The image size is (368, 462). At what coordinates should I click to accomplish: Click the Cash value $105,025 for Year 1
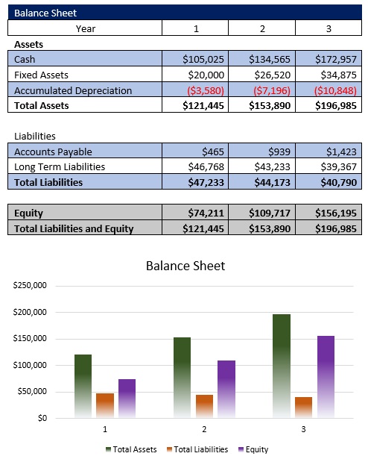pyautogui.click(x=203, y=59)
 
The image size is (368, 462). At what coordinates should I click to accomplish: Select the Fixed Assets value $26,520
pyautogui.click(x=270, y=75)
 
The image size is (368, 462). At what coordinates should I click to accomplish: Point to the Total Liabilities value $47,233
pyautogui.click(x=203, y=182)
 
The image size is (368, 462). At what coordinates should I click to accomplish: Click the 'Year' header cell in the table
pyautogui.click(x=85, y=28)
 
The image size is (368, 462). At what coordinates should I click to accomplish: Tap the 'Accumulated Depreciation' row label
pyautogui.click(x=73, y=90)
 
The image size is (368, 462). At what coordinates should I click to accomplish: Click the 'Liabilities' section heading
pyautogui.click(x=35, y=137)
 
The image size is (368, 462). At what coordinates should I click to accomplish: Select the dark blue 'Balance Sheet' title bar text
pyautogui.click(x=45, y=13)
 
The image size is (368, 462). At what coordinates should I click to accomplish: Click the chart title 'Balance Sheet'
pyautogui.click(x=185, y=266)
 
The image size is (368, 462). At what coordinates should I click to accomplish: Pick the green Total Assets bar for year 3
pyautogui.click(x=282, y=365)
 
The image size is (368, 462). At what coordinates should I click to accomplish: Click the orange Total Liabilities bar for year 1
pyautogui.click(x=105, y=405)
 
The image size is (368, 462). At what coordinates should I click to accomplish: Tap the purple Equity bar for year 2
pyautogui.click(x=226, y=388)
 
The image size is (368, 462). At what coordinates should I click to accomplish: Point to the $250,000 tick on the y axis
pyautogui.click(x=30, y=286)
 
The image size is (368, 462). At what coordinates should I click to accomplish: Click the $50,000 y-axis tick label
pyautogui.click(x=32, y=392)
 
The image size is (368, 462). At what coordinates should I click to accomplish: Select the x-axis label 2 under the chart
pyautogui.click(x=204, y=430)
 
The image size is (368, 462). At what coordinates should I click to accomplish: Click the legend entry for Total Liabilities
pyautogui.click(x=197, y=449)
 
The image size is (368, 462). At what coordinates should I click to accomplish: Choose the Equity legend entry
pyautogui.click(x=253, y=449)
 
